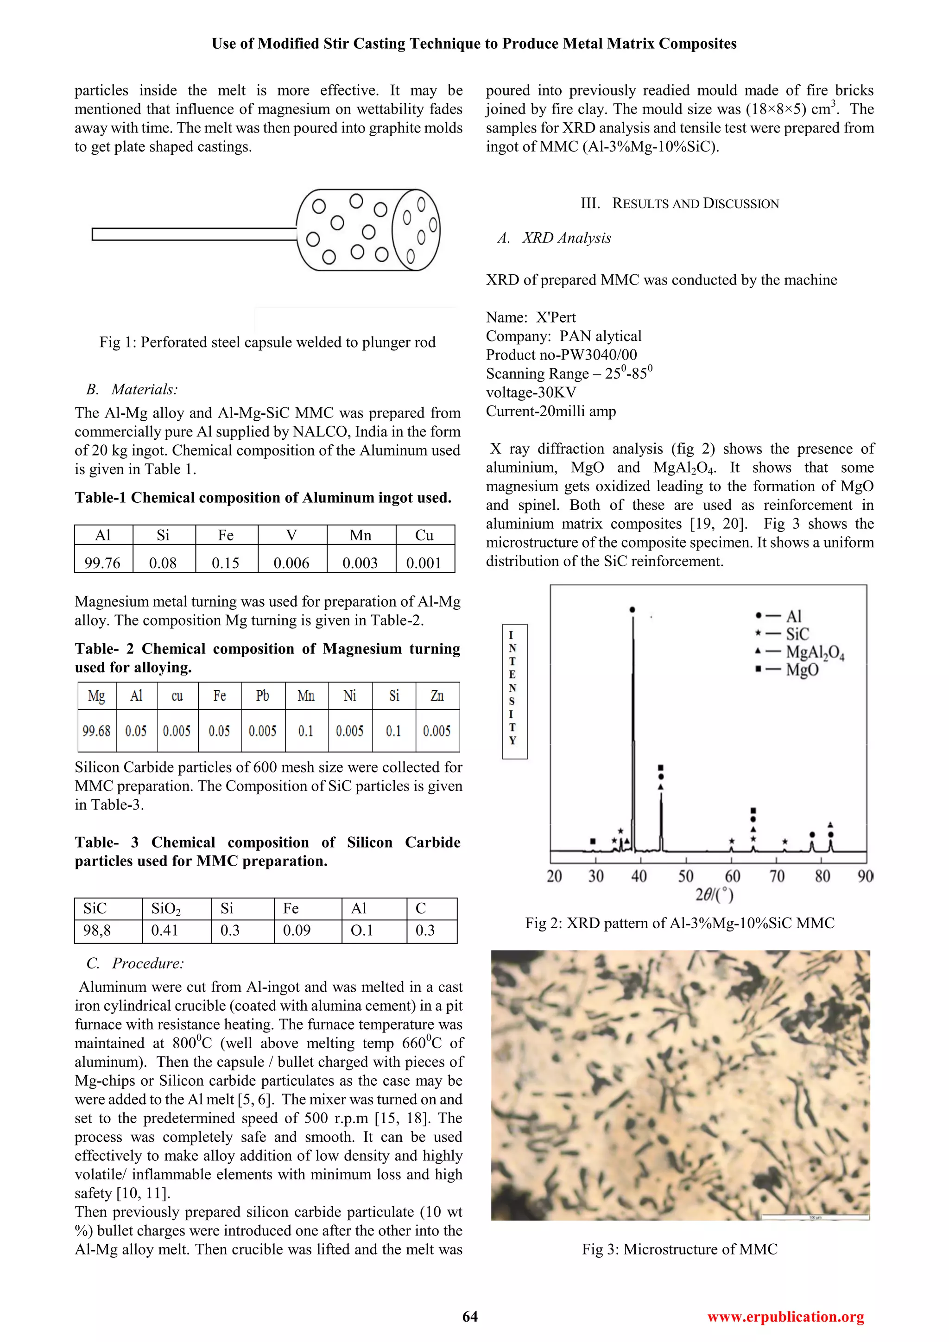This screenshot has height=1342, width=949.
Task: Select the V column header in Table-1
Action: [x=291, y=535]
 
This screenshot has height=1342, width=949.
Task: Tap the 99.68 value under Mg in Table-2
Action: [x=96, y=731]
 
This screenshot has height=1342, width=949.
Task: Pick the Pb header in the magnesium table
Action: [x=262, y=696]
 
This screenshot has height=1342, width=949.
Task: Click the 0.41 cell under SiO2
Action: [x=165, y=930]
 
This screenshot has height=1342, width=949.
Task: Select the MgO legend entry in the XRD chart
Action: [x=802, y=669]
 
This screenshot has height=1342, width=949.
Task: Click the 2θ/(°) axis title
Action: [x=714, y=895]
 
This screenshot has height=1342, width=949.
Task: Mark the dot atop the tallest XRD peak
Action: [x=632, y=610]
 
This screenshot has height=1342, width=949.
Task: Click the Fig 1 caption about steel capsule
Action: [x=267, y=342]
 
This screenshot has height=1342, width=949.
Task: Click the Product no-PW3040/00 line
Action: [x=561, y=355]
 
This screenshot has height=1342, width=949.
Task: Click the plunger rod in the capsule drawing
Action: [x=193, y=234]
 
